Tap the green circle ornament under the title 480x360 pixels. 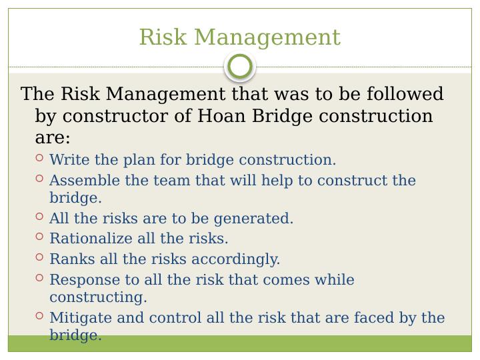point(240,66)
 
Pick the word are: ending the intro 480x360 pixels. point(52,139)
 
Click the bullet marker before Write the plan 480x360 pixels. point(39,159)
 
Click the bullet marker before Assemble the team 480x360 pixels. point(39,179)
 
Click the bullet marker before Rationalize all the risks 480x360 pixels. point(39,237)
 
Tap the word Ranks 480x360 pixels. point(70,259)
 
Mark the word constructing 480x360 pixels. point(98,297)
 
